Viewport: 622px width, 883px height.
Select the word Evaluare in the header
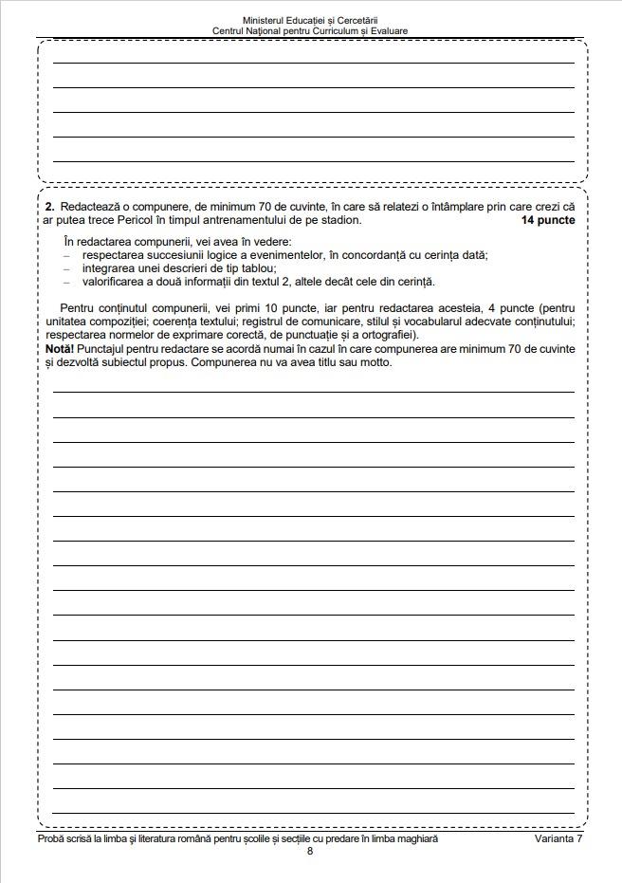(x=390, y=31)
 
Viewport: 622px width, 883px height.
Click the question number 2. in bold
(x=49, y=207)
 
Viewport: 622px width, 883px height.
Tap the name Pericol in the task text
(x=150, y=220)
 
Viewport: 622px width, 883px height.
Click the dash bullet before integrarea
(x=67, y=268)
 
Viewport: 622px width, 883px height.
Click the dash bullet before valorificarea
(x=67, y=282)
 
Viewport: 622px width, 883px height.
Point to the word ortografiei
(x=391, y=335)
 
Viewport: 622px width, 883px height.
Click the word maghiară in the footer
(x=416, y=839)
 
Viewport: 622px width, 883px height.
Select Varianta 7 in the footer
(x=558, y=839)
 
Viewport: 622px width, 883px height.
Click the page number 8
(x=310, y=851)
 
